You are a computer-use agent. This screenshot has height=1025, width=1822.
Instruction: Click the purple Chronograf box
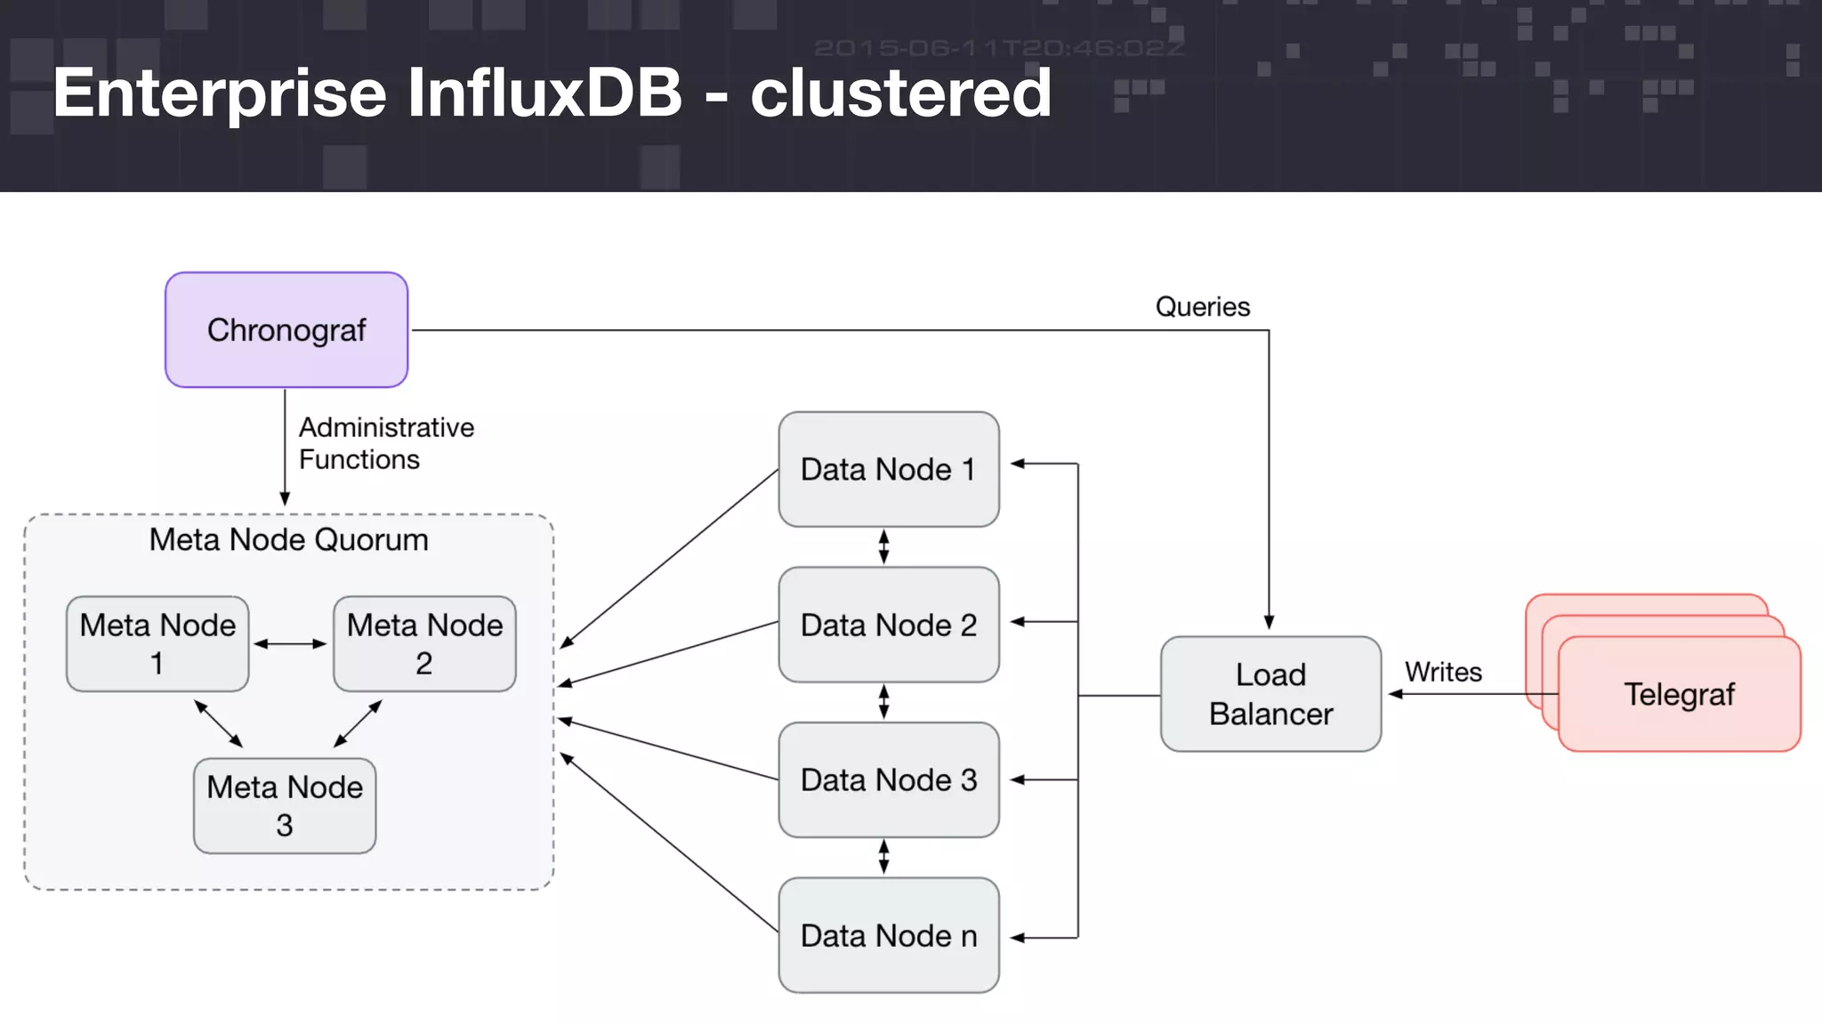click(286, 330)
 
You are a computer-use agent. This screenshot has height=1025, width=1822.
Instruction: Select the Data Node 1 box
click(888, 469)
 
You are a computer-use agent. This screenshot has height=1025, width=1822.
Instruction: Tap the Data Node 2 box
click(888, 625)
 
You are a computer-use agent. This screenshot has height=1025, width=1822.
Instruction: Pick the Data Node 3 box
click(888, 780)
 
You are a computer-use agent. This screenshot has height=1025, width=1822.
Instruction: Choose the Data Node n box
click(888, 935)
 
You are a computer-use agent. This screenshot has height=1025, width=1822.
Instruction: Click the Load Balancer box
click(1270, 694)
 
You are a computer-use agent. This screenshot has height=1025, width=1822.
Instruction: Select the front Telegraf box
click(1679, 694)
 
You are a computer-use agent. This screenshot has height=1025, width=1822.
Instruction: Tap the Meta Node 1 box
click(157, 643)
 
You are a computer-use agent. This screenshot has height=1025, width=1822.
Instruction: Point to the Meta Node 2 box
click(424, 643)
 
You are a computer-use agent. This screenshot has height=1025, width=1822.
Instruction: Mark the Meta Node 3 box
click(285, 805)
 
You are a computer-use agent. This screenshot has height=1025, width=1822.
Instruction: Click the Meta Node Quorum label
click(288, 540)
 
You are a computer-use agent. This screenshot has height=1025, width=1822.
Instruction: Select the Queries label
click(1202, 307)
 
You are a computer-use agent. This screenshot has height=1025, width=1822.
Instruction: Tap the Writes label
click(1443, 672)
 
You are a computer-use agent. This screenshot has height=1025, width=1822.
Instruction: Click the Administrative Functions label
click(386, 443)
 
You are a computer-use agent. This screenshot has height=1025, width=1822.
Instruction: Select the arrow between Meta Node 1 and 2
click(291, 643)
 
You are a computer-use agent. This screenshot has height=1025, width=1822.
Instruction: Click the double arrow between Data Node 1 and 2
click(883, 546)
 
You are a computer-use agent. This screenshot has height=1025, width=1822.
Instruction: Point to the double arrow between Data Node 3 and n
click(883, 857)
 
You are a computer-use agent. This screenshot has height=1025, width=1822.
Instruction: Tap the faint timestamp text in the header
click(999, 48)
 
